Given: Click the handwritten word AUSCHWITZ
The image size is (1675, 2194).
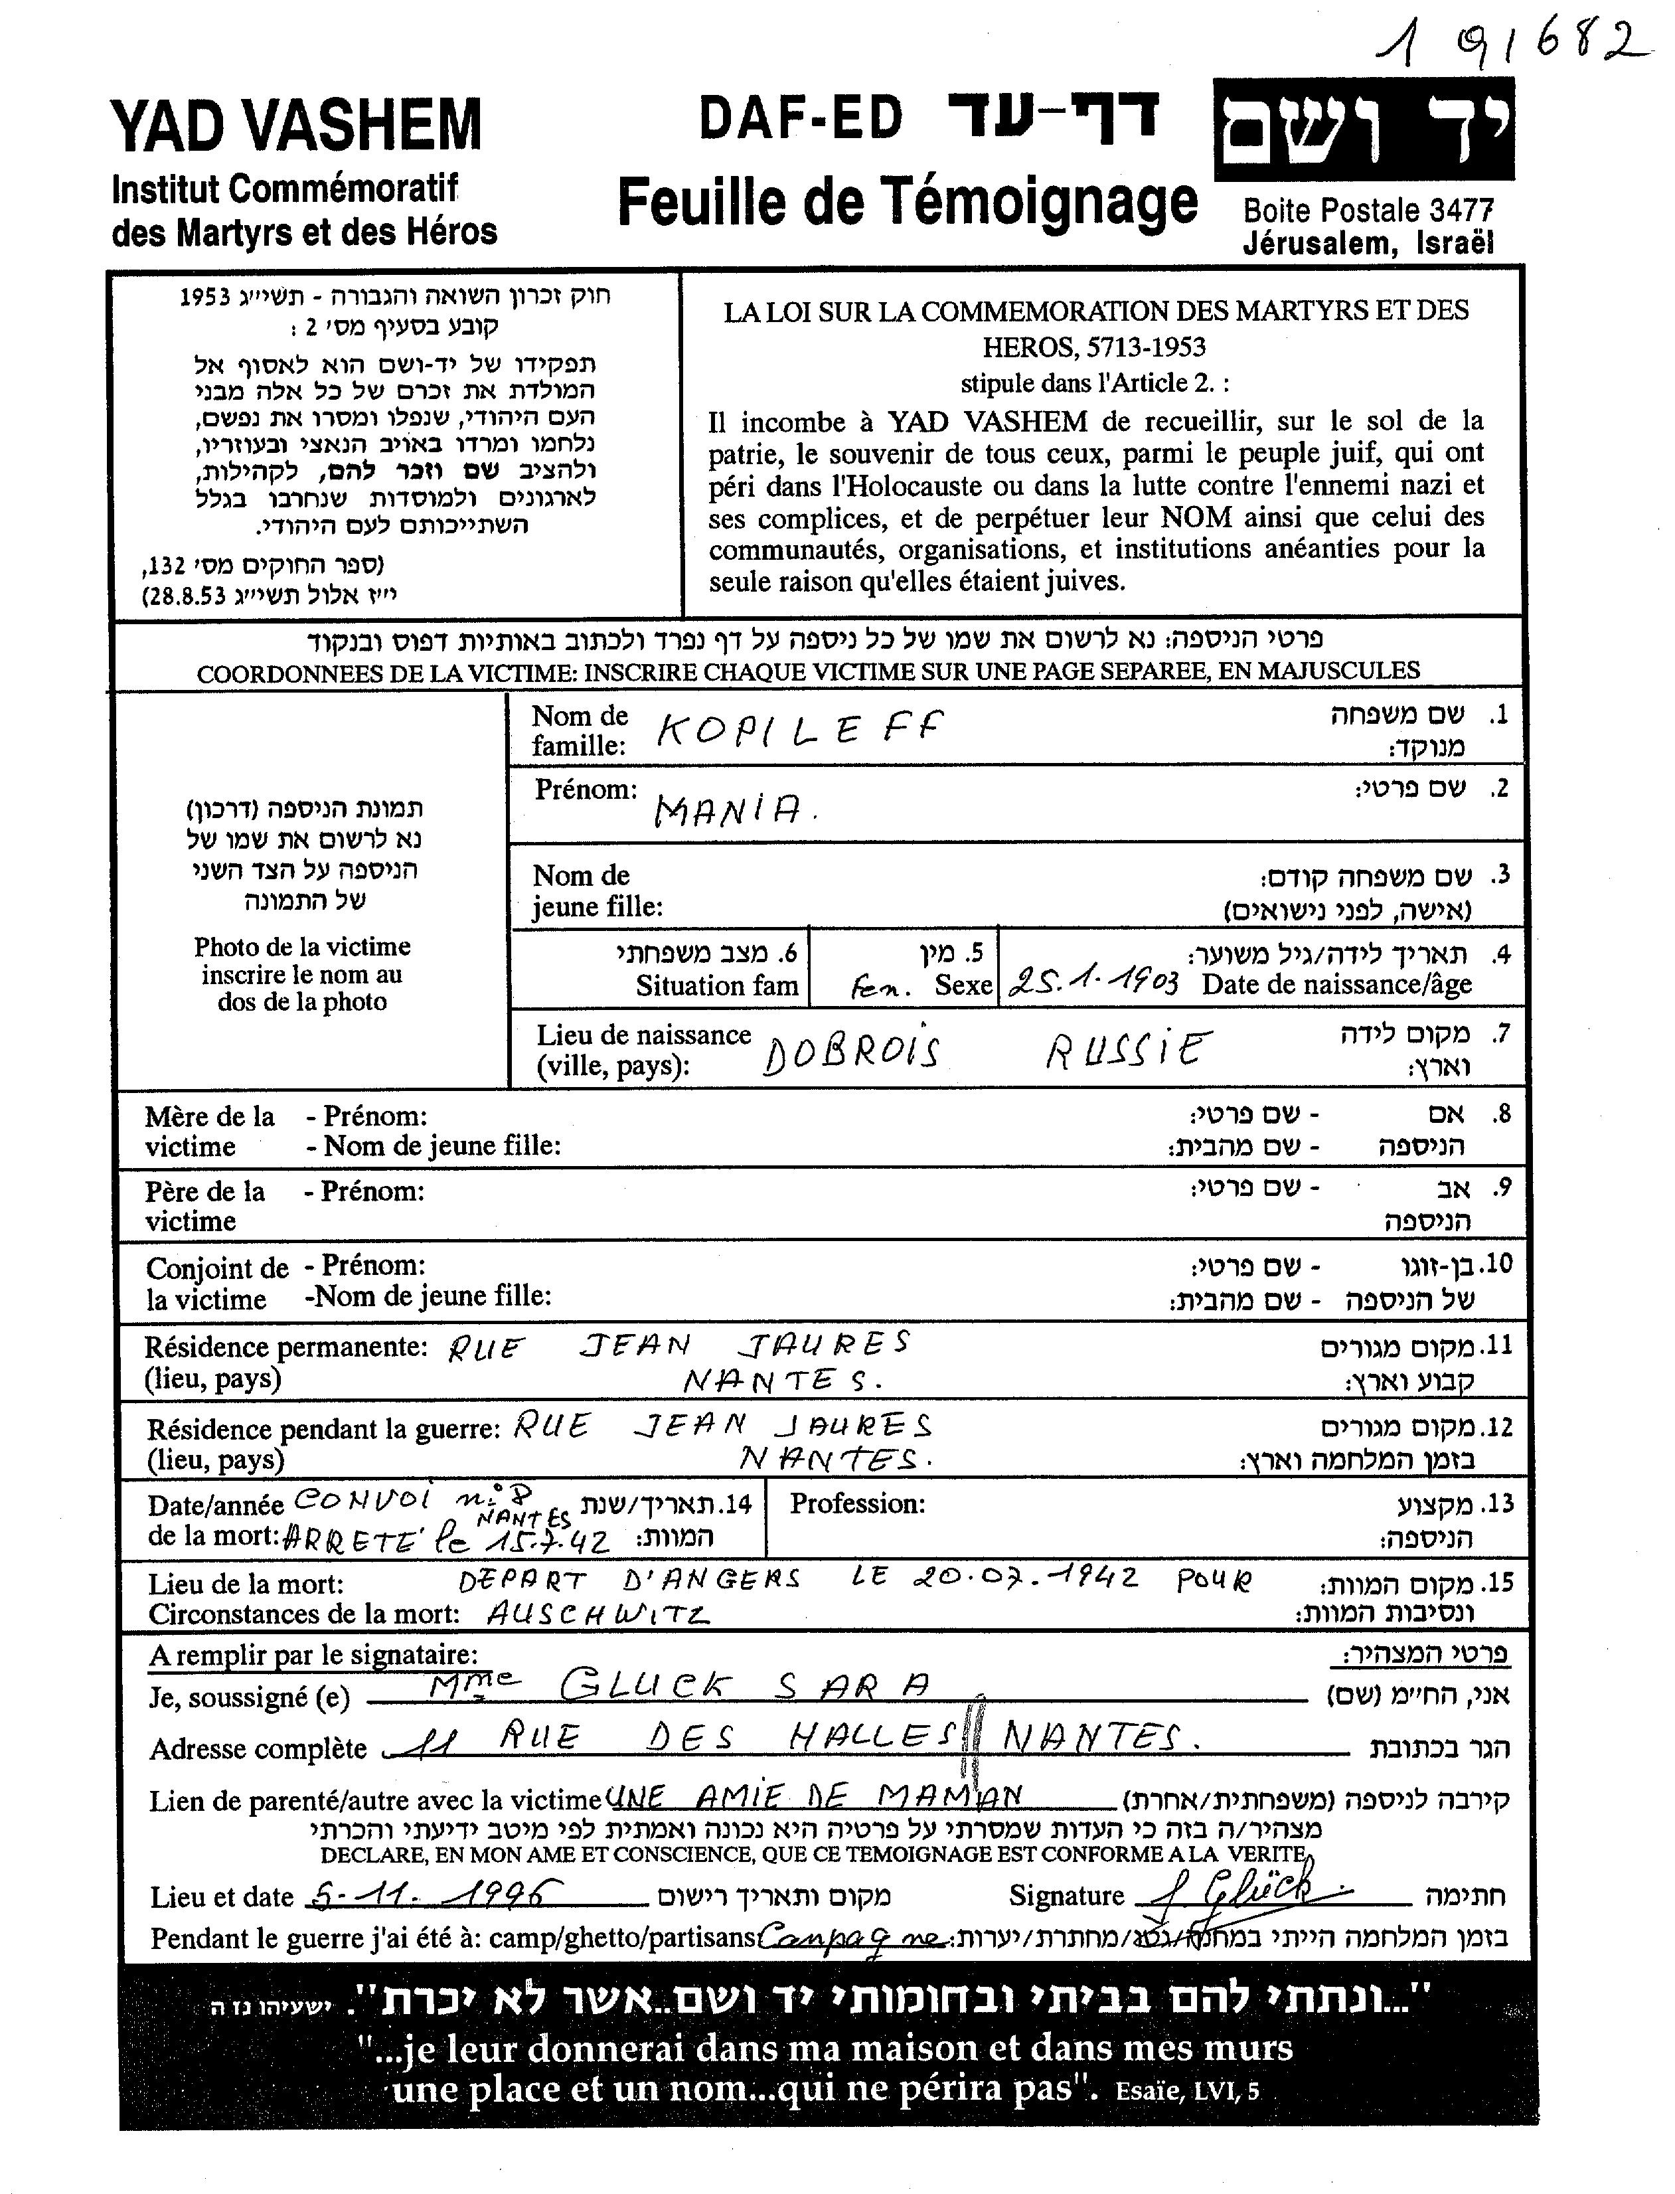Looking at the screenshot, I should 598,1612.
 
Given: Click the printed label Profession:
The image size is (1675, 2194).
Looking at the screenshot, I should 858,1503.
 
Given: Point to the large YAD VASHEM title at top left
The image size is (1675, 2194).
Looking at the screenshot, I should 296,125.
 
